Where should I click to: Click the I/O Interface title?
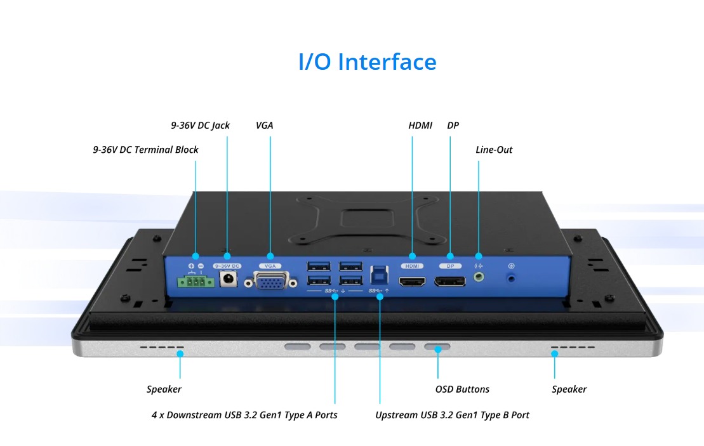point(367,62)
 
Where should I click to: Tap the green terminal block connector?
point(196,281)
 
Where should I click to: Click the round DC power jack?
point(227,279)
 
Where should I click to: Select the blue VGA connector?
point(271,280)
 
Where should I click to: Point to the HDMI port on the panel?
point(412,280)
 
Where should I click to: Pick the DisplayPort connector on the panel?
point(450,280)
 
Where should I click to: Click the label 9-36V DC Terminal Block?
point(145,150)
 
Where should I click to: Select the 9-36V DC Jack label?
point(200,126)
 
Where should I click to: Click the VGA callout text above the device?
point(264,126)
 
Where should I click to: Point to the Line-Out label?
point(494,150)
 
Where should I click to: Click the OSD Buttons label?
point(462,390)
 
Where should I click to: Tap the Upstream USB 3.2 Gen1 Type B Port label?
point(452,415)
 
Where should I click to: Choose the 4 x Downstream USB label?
point(244,415)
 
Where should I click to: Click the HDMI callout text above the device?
point(420,126)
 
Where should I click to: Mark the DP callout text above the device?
point(453,126)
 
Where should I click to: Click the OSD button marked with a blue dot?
point(437,348)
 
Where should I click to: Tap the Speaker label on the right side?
point(569,390)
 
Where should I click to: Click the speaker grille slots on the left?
point(162,348)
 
